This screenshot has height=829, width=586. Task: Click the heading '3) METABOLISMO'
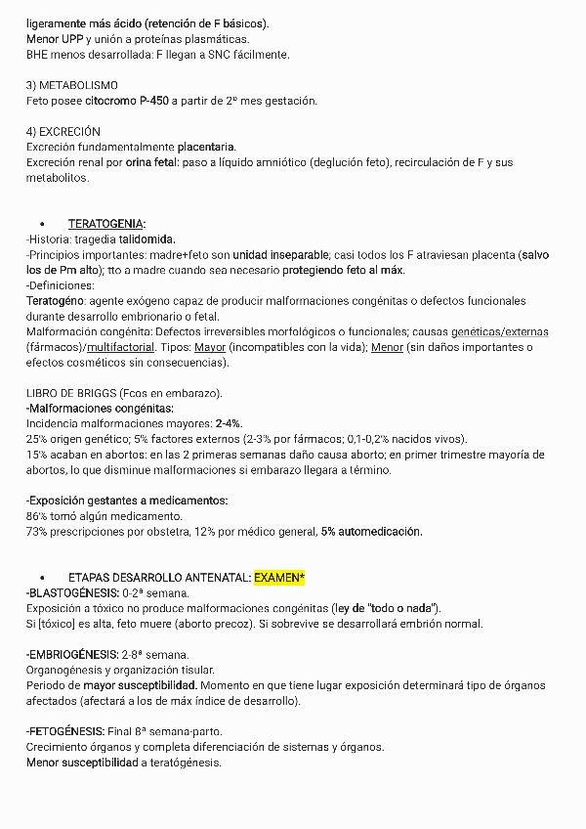click(x=72, y=86)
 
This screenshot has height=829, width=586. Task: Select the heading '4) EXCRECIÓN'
click(x=63, y=131)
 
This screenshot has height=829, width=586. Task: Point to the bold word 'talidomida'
click(x=147, y=240)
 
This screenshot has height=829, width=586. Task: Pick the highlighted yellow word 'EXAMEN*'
click(x=279, y=578)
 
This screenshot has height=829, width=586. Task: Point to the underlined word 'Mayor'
click(x=210, y=347)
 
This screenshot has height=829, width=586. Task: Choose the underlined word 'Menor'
click(x=388, y=347)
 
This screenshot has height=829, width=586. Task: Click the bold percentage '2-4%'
click(x=229, y=423)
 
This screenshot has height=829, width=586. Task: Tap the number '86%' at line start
click(x=37, y=515)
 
